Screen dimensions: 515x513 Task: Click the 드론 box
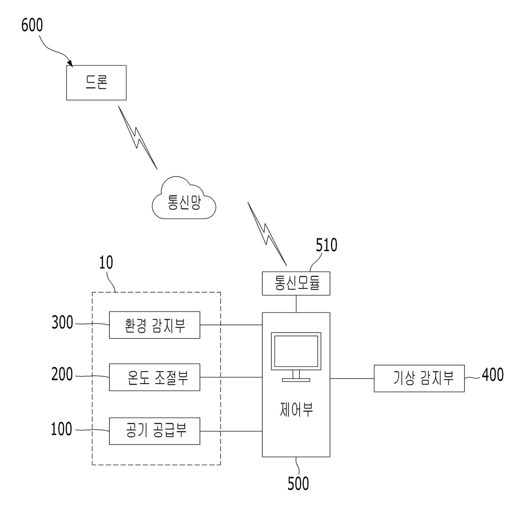click(96, 83)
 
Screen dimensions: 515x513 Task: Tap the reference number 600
click(32, 25)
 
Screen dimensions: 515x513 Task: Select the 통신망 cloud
click(184, 198)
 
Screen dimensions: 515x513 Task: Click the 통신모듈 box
click(296, 283)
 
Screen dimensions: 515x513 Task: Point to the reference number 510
click(326, 245)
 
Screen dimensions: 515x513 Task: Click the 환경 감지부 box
click(154, 325)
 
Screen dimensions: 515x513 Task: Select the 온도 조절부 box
click(154, 377)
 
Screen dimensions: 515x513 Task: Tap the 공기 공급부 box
click(154, 431)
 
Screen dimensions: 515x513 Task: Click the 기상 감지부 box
click(419, 378)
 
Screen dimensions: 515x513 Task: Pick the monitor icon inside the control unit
click(296, 357)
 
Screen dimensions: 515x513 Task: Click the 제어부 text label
click(296, 409)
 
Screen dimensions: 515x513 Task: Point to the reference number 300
click(62, 322)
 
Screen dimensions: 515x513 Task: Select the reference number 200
click(62, 374)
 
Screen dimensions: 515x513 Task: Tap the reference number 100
click(61, 429)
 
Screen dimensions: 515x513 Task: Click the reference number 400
click(493, 375)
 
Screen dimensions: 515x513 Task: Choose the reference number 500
click(298, 483)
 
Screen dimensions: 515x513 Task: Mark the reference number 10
click(106, 262)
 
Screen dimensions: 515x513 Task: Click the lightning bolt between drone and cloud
click(138, 138)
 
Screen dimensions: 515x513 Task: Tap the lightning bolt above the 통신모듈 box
click(267, 234)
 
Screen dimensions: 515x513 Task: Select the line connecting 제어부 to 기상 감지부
click(352, 378)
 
